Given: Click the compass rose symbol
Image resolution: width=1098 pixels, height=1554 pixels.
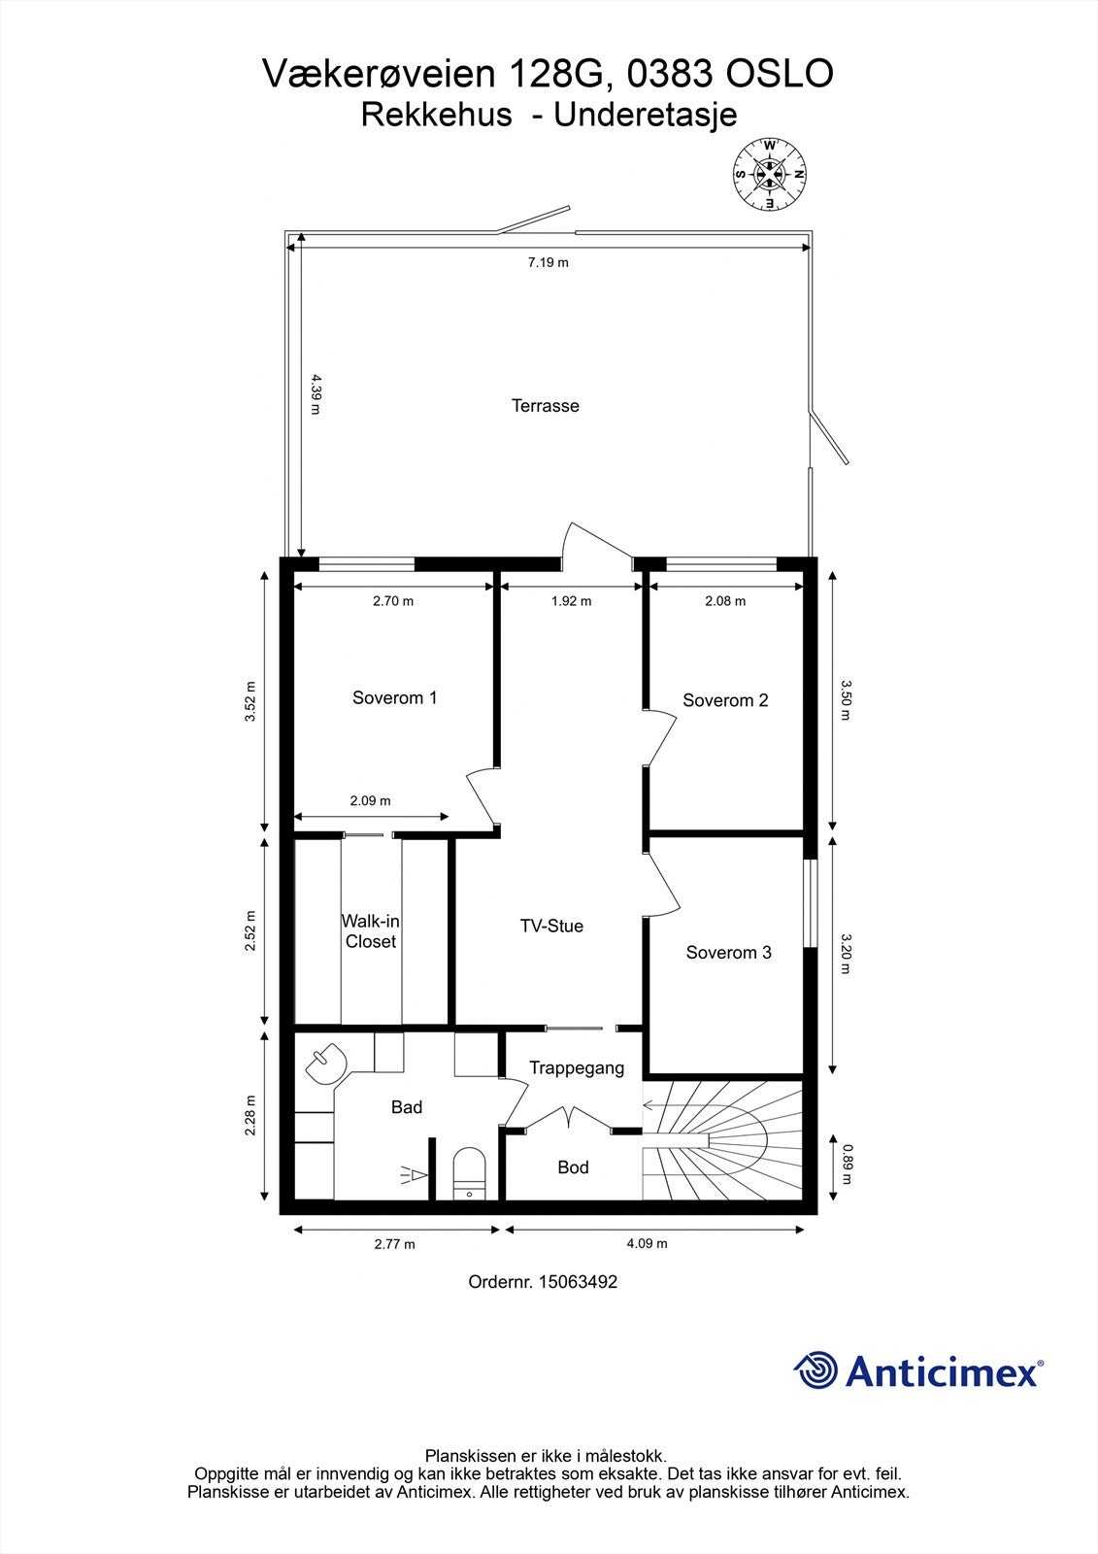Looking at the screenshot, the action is click(x=769, y=174).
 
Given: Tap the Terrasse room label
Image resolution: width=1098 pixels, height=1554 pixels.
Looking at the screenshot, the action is click(x=546, y=406).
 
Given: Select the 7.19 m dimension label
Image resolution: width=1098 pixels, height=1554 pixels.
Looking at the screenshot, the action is click(x=548, y=262).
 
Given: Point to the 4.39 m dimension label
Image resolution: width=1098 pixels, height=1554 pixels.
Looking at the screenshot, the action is click(x=316, y=394).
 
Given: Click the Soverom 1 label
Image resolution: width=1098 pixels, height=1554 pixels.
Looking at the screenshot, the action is click(x=395, y=698).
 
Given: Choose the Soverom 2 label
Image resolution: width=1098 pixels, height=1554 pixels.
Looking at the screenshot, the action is click(x=725, y=700).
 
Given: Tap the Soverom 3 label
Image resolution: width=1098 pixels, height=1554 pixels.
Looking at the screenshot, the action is click(x=729, y=953).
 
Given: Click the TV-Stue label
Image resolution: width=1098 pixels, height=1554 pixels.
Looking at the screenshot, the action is click(x=552, y=927).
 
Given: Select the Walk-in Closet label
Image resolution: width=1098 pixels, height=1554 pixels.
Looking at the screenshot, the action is click(x=371, y=931).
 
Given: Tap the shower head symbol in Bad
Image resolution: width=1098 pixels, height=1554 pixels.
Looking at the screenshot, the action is click(x=415, y=1174).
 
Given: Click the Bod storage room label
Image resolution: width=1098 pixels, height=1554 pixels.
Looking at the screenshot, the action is click(x=573, y=1167).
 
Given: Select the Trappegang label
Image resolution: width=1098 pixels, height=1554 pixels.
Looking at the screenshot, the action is click(x=577, y=1068).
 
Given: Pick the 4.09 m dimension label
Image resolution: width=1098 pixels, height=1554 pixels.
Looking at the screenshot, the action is click(x=648, y=1243).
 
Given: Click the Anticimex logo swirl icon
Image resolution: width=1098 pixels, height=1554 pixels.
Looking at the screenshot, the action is click(x=815, y=1369).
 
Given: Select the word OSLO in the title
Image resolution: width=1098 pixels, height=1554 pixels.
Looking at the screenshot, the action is click(x=780, y=74).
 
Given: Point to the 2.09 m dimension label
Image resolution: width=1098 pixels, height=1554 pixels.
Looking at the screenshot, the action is click(x=371, y=800).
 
